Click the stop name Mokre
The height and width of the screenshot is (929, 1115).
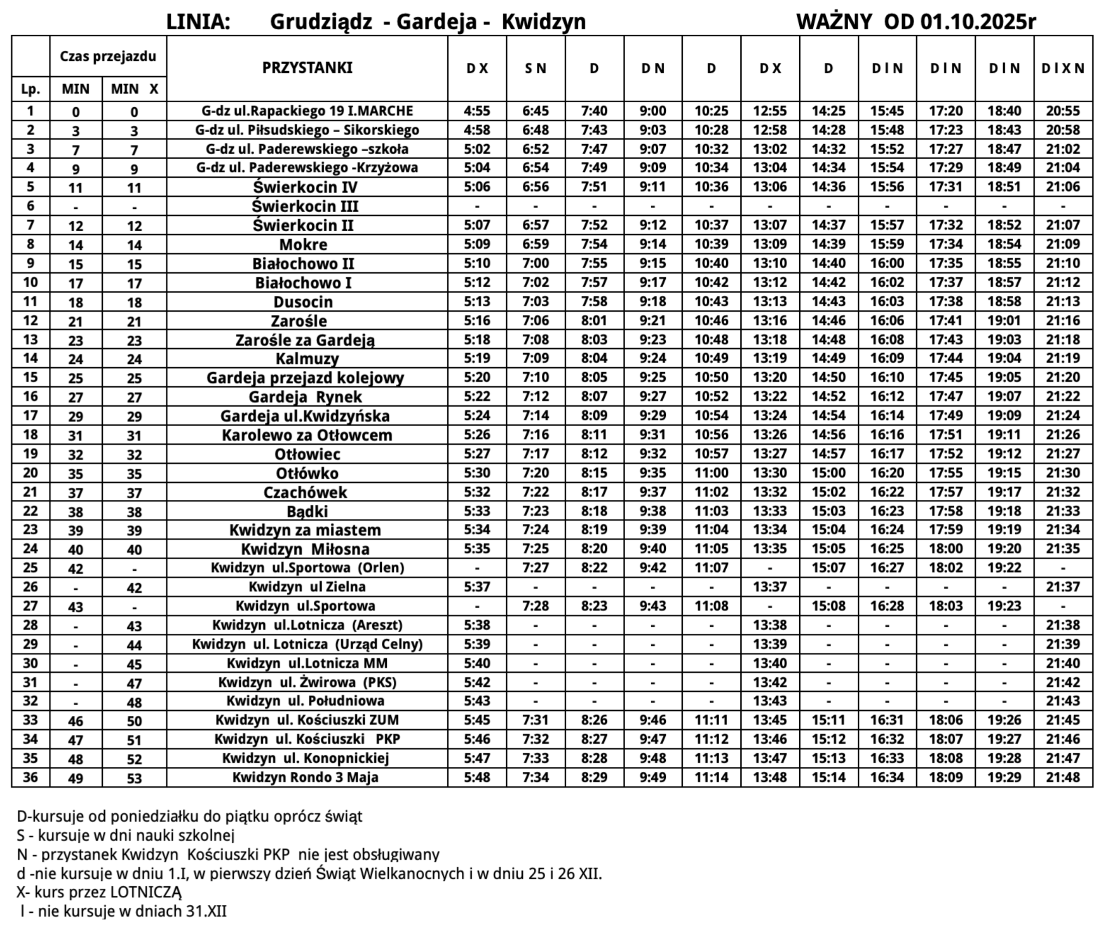click(303, 245)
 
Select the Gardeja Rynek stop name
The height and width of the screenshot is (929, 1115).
click(305, 397)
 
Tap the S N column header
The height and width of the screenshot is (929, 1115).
click(535, 69)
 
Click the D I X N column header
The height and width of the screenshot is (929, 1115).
click(1063, 69)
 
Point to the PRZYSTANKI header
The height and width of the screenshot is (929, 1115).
click(307, 68)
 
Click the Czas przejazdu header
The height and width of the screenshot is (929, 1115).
click(108, 56)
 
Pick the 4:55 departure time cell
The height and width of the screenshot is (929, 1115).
click(477, 111)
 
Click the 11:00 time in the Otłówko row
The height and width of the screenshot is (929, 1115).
click(712, 473)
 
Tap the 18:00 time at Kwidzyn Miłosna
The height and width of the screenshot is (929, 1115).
click(946, 549)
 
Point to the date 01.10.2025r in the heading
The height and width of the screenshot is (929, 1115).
click(978, 22)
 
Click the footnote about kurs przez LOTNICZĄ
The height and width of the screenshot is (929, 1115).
click(99, 892)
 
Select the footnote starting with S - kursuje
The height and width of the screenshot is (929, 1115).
click(125, 835)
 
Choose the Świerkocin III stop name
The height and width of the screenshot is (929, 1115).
click(305, 206)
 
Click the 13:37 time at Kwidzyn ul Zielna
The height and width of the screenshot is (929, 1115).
click(770, 587)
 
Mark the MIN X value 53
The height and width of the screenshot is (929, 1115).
click(134, 779)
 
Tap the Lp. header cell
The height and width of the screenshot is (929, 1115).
click(31, 89)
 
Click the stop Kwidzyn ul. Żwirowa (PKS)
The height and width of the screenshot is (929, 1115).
click(307, 682)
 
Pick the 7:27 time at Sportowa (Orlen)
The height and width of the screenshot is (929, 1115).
click(535, 568)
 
